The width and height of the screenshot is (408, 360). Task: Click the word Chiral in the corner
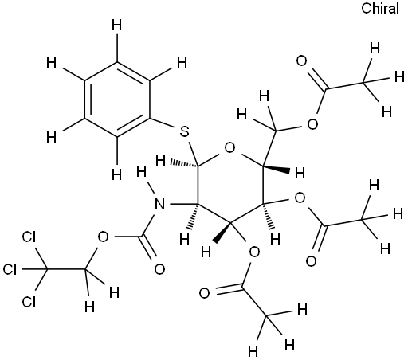pos(380,8)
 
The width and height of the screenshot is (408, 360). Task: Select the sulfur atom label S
pos(184,131)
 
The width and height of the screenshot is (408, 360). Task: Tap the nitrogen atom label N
pos(159,204)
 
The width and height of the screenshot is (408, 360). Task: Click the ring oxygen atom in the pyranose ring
pos(229,148)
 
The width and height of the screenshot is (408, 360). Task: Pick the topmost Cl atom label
pos(29,237)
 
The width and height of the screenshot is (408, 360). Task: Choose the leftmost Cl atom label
pos(10,269)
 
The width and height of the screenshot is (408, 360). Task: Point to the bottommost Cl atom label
pos(29,302)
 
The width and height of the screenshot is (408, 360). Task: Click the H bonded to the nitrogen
pos(141,172)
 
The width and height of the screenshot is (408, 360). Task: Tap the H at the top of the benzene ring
pos(116,25)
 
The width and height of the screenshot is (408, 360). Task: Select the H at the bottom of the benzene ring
pos(116,174)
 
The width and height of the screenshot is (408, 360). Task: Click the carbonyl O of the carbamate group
pos(159,269)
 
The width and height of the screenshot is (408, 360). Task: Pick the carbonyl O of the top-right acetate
pos(301,61)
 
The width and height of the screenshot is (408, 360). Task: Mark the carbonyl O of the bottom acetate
pos(204,293)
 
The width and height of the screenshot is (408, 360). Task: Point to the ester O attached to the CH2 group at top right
pos(312,124)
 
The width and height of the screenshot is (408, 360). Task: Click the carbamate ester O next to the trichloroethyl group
pos(103,237)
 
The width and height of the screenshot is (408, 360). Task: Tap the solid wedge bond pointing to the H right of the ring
pos(277,168)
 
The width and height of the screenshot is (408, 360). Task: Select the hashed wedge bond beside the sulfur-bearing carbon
pos(184,163)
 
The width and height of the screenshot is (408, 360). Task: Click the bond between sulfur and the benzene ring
pos(163,123)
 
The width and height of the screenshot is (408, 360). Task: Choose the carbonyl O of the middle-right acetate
pos(311,261)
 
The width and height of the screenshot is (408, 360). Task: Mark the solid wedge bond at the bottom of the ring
pos(222,232)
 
